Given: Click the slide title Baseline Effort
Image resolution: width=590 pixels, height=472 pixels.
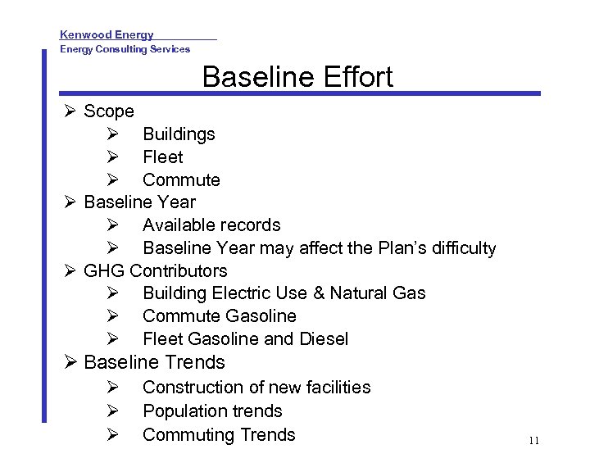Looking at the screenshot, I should click(297, 77).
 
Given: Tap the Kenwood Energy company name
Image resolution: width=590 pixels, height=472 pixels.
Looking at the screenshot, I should click(107, 34).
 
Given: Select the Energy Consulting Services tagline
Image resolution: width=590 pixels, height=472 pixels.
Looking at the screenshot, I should click(125, 49).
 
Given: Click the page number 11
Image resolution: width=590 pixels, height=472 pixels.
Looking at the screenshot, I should click(533, 441).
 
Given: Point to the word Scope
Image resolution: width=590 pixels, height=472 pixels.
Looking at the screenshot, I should click(109, 111).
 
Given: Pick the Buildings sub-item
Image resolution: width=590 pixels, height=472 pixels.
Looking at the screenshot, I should click(179, 134).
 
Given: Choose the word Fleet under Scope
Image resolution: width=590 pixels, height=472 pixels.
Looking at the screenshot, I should click(162, 157).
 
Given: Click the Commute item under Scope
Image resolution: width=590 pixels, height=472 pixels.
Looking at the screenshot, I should click(181, 179).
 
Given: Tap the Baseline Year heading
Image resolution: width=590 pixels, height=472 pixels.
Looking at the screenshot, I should click(140, 202).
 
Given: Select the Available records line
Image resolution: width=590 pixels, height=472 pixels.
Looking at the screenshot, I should click(211, 225).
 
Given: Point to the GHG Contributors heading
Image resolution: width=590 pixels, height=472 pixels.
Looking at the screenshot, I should click(156, 270).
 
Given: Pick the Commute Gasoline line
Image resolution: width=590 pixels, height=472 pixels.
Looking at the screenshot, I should click(220, 315).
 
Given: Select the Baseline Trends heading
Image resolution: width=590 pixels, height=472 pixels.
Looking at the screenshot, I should click(154, 362).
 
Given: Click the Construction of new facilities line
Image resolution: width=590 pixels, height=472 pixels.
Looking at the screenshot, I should click(256, 387).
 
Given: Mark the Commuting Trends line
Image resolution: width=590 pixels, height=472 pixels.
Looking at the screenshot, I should click(219, 434).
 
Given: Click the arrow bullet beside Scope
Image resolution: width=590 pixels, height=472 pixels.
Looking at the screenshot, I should click(70, 111).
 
